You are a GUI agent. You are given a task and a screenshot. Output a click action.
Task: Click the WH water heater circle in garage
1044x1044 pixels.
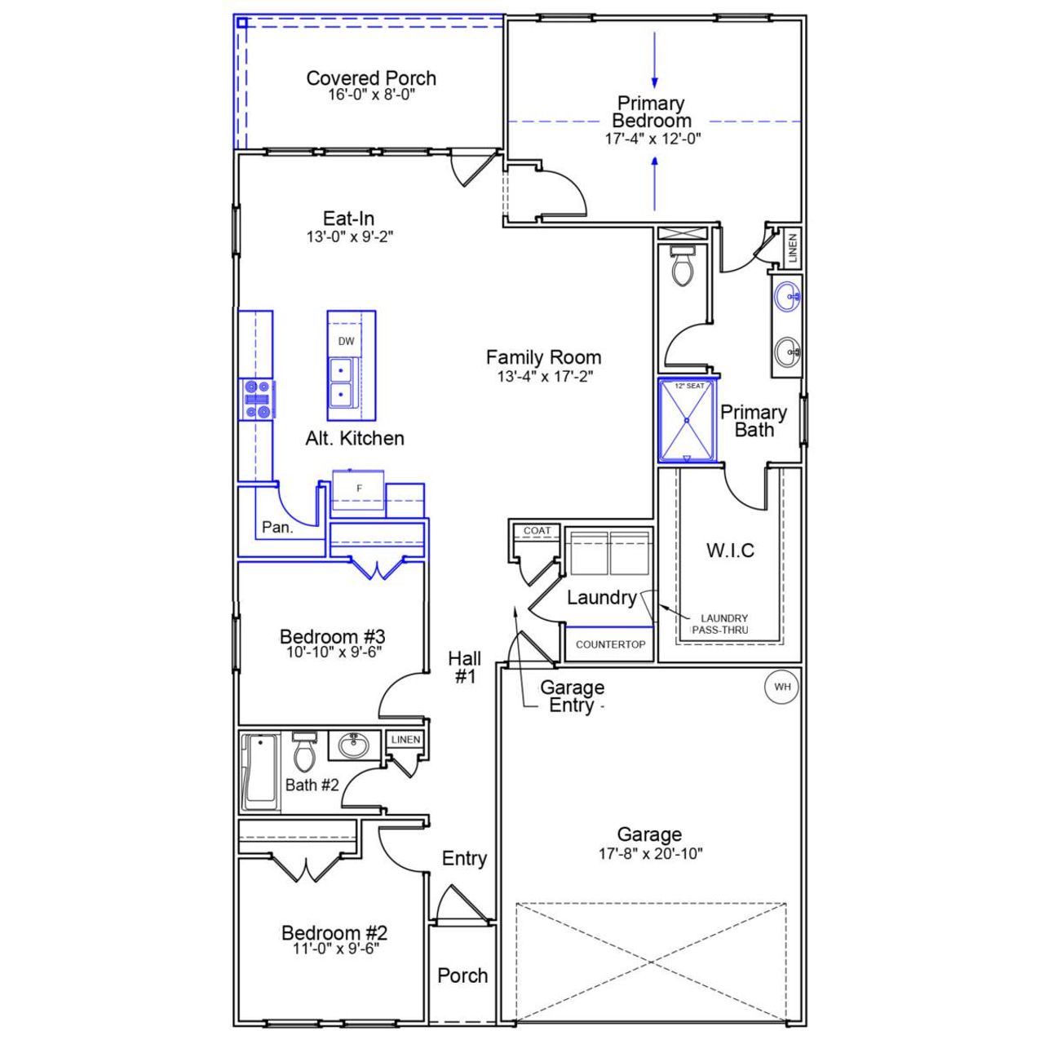tap(782, 687)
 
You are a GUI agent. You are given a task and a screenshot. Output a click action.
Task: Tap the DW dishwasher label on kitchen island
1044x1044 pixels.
tap(347, 341)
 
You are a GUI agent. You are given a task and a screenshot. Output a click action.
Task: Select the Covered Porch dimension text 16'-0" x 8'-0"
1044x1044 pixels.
tap(372, 95)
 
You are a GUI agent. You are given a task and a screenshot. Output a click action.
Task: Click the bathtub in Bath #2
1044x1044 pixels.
tap(260, 771)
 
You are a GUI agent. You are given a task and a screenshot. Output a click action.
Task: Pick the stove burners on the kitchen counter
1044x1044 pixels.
tap(257, 400)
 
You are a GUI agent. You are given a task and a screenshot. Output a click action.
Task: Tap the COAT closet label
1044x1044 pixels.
tap(537, 531)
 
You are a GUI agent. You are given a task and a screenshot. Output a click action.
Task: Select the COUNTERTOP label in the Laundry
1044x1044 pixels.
tap(610, 644)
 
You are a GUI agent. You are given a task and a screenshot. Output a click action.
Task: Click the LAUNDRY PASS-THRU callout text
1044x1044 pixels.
tap(721, 624)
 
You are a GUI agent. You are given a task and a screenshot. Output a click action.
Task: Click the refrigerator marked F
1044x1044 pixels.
tap(359, 489)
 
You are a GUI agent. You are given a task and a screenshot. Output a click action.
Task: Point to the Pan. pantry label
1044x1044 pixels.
tap(277, 528)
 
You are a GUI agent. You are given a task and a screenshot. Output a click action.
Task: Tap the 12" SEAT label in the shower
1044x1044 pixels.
tap(688, 386)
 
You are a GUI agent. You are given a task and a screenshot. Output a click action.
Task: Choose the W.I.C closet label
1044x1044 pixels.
tap(730, 551)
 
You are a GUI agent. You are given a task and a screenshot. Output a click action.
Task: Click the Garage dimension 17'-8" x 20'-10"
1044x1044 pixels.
tap(650, 854)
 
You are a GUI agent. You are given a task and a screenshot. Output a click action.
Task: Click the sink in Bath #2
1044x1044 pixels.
tap(353, 745)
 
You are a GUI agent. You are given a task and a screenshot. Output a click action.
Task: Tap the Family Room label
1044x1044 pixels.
tap(543, 357)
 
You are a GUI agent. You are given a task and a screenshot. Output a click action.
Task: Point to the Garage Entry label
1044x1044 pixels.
tap(572, 697)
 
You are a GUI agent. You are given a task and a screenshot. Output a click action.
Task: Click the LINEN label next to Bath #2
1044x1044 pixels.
tap(405, 740)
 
